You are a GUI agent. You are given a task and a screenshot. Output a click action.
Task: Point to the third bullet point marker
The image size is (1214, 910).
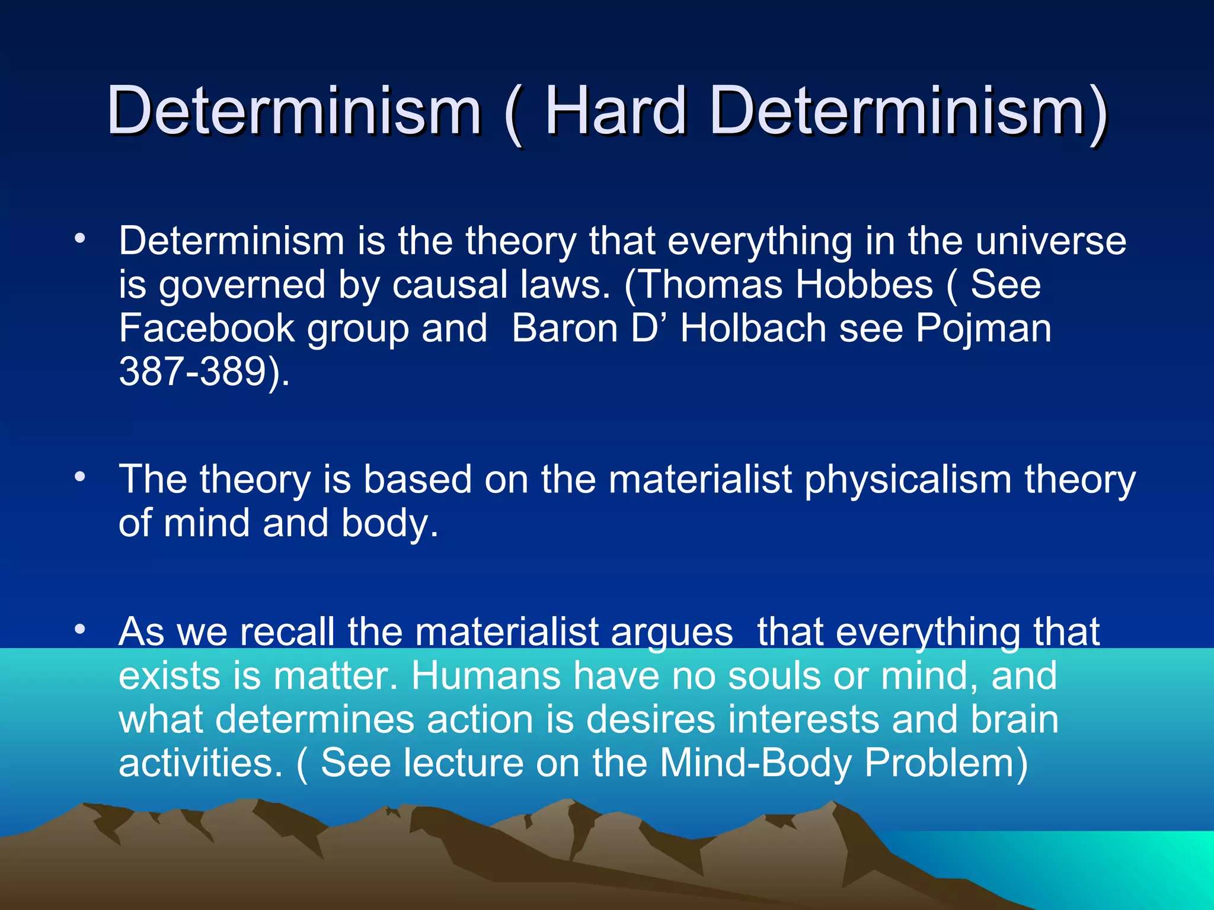(79, 630)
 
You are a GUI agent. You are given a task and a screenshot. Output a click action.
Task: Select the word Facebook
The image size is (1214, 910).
(206, 328)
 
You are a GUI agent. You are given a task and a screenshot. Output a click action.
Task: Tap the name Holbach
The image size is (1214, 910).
(753, 328)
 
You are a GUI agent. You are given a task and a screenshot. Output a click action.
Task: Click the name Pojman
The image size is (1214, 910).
(983, 329)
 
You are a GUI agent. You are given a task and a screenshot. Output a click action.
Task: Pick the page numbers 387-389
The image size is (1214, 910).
(193, 372)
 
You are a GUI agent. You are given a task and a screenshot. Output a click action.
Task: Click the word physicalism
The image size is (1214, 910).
(907, 480)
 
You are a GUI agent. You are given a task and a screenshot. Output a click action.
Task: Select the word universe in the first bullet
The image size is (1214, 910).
(1050, 241)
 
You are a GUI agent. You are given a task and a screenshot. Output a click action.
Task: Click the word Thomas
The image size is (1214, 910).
(709, 284)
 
